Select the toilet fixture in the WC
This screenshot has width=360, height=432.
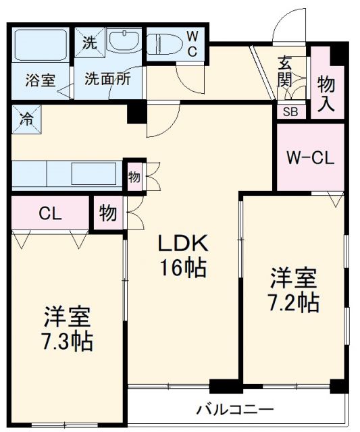click(162, 45)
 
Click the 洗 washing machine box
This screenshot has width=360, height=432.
click(89, 43)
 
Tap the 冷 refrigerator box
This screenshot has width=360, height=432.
click(26, 120)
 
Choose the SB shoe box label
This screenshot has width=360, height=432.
click(290, 112)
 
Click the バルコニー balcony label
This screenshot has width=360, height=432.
click(235, 409)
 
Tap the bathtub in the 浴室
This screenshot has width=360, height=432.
click(41, 46)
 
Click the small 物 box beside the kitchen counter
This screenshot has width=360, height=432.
click(134, 176)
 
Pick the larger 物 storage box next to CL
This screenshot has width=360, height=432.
click(108, 213)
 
